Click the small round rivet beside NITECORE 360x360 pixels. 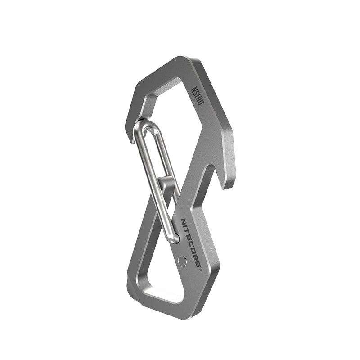point(183,261)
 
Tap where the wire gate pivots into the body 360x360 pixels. point(175,238)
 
